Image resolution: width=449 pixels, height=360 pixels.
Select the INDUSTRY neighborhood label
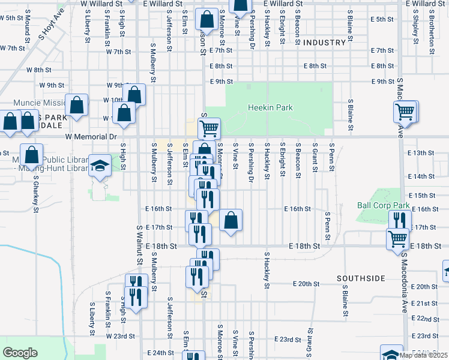coord(324,43)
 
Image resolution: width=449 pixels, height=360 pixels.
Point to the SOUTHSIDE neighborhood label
coord(360,278)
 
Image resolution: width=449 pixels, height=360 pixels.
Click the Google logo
coord(20,353)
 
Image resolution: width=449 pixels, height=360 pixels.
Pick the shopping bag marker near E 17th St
coord(231,220)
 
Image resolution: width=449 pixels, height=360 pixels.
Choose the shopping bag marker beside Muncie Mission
coord(77,105)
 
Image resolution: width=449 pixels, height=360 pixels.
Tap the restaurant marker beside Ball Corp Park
coord(399,220)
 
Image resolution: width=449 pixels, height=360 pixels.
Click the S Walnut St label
coord(139,246)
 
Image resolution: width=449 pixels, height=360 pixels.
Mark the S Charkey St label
coord(36,193)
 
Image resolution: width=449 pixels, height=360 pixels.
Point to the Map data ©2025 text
coord(424,355)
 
